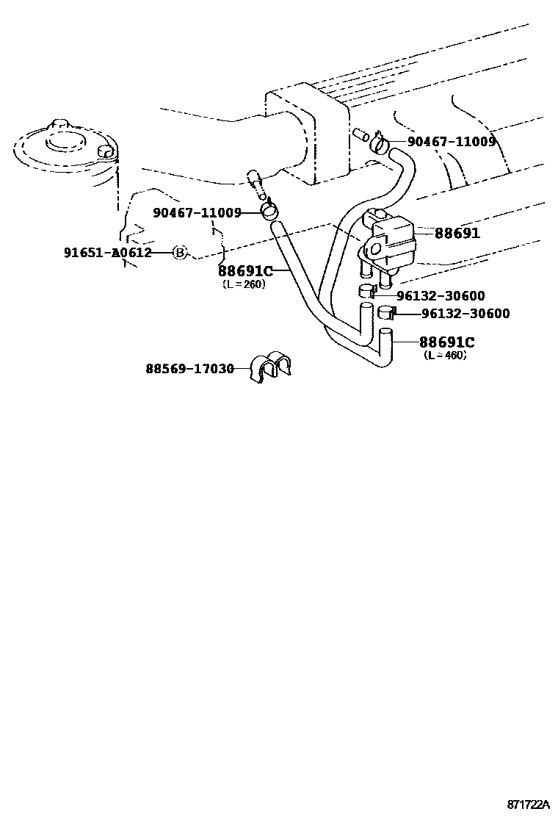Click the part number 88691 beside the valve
457,233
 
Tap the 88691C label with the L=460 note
446,342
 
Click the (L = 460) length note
446,355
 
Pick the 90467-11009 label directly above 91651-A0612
198,213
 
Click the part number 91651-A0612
107,253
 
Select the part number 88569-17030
189,368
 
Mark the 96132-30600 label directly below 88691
441,296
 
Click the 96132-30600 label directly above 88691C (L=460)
465,314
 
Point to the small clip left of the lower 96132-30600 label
387,314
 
